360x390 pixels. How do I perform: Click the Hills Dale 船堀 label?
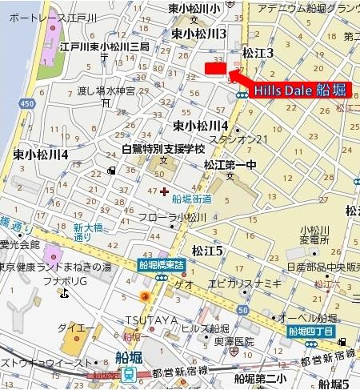(300, 90)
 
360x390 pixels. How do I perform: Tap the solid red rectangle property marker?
(215, 70)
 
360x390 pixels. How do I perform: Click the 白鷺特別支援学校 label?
(163, 149)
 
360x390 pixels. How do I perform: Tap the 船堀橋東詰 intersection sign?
(162, 264)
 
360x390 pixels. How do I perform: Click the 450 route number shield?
(28, 103)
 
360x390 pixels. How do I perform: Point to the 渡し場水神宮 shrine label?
(109, 90)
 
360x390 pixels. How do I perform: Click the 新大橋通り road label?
(89, 233)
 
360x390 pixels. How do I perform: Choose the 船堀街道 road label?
(192, 199)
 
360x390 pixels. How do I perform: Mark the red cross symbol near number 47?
(164, 191)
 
